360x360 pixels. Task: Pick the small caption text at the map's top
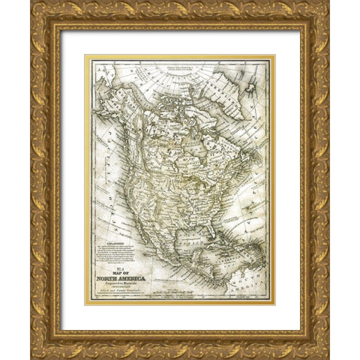click(x=169, y=72)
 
